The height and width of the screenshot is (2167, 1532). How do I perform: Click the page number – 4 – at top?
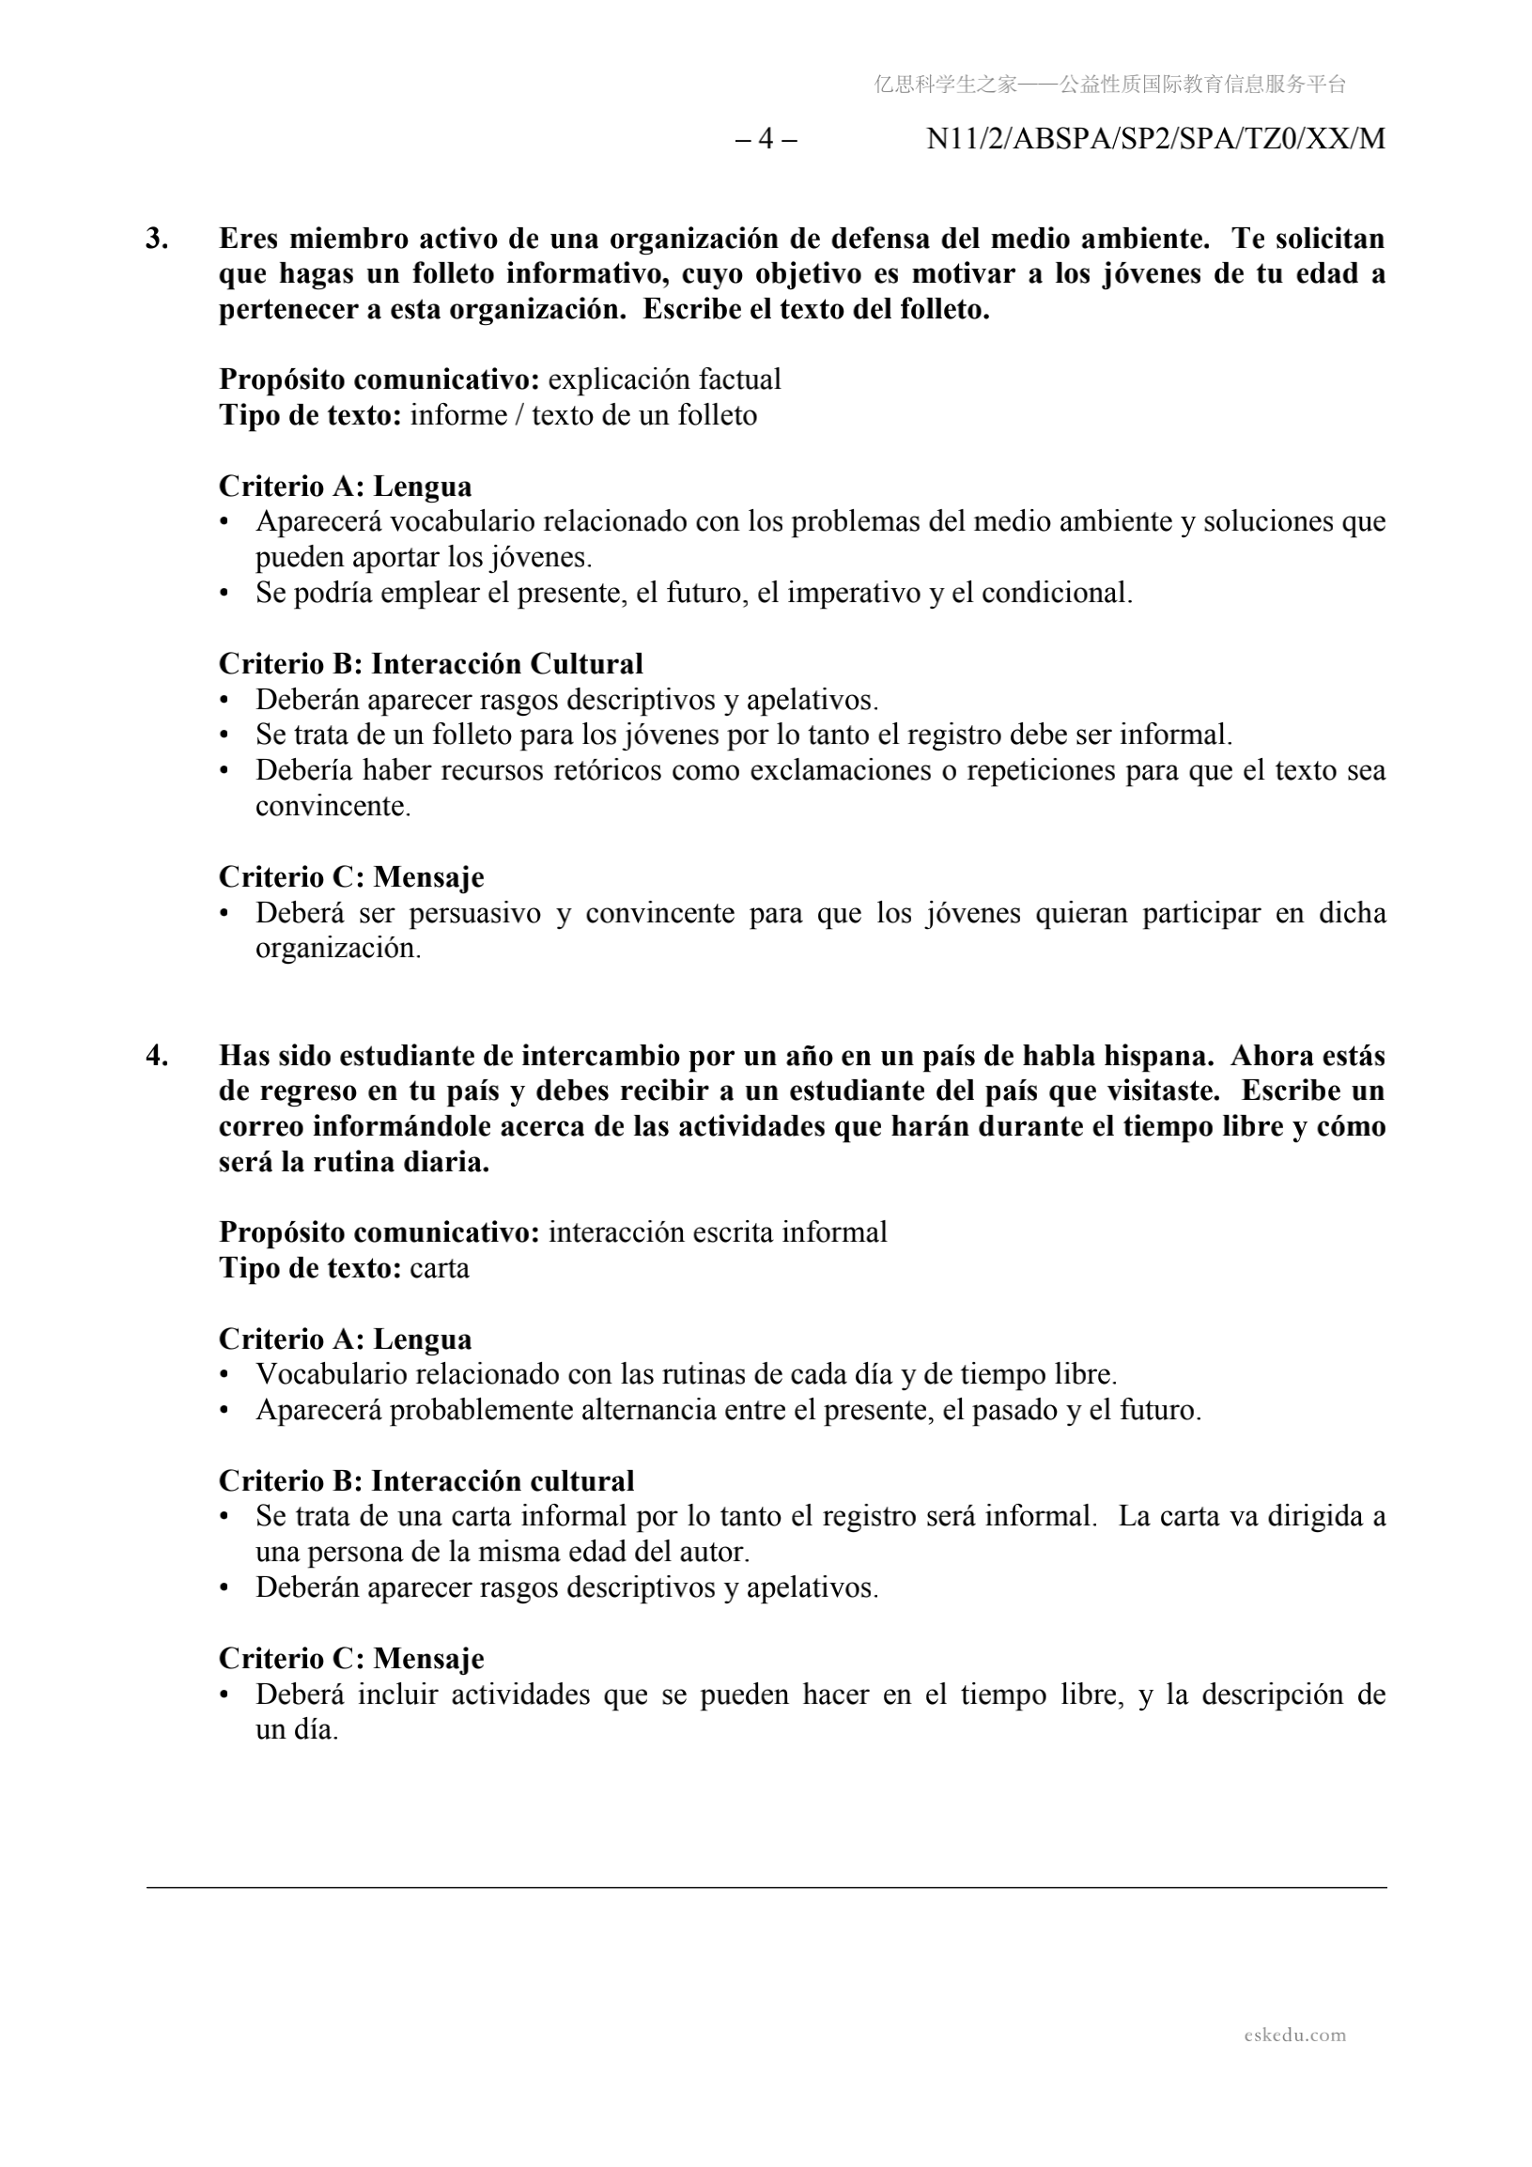point(766,139)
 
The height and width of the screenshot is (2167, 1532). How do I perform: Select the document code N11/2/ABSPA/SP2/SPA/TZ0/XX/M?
point(1155,139)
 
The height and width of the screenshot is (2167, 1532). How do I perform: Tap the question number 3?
point(157,239)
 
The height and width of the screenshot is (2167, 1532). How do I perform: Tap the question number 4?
point(157,1055)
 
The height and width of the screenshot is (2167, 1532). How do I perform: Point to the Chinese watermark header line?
point(1109,85)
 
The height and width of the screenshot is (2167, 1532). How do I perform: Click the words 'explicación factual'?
point(664,379)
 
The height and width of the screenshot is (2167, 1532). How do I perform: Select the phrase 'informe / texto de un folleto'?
point(583,415)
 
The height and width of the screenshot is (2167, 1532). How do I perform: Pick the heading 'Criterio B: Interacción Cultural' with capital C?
point(430,663)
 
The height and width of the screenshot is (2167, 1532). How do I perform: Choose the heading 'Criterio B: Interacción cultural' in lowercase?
point(426,1481)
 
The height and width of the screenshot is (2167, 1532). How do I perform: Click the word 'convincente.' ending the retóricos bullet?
point(333,807)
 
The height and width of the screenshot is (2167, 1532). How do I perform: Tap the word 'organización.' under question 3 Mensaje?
point(338,949)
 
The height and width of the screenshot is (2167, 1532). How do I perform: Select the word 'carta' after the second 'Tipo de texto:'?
point(439,1267)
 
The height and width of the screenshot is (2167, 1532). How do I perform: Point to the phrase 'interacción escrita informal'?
point(718,1231)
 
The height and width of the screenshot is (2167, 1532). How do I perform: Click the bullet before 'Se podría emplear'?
point(224,594)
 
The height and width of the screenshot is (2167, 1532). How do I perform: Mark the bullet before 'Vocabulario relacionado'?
point(224,1375)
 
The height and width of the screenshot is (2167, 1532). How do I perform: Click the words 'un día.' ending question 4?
point(297,1730)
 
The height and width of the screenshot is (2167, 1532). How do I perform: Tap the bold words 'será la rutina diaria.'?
point(354,1162)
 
